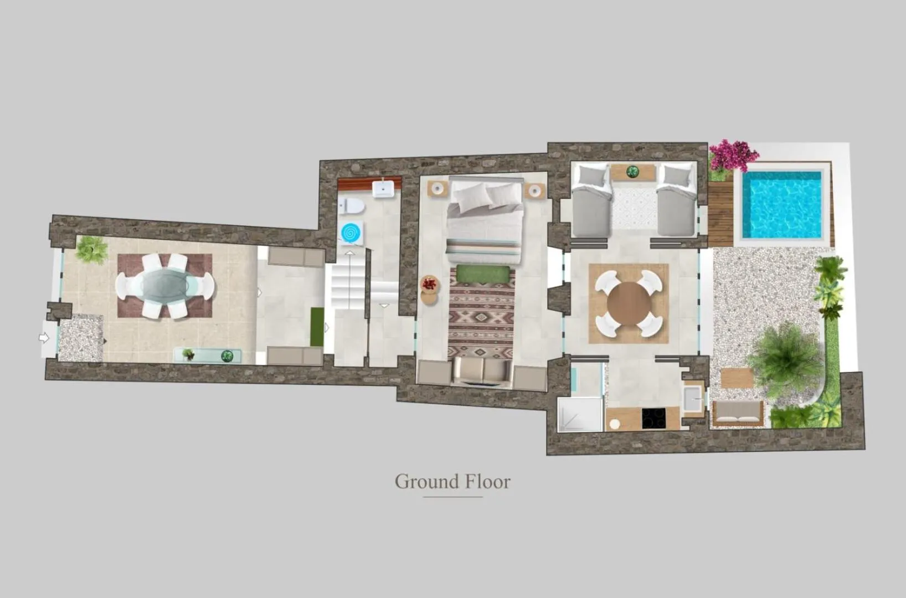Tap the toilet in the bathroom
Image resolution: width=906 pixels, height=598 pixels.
352,206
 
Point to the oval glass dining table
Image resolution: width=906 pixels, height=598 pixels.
165,286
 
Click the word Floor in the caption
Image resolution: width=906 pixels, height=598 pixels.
487,482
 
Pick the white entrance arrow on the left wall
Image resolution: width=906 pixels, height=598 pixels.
44,337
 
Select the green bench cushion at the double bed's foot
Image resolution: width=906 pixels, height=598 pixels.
483,274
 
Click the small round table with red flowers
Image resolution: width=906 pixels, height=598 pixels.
429,285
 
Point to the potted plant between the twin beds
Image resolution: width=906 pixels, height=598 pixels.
632,171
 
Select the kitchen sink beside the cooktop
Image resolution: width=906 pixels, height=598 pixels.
693,398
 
